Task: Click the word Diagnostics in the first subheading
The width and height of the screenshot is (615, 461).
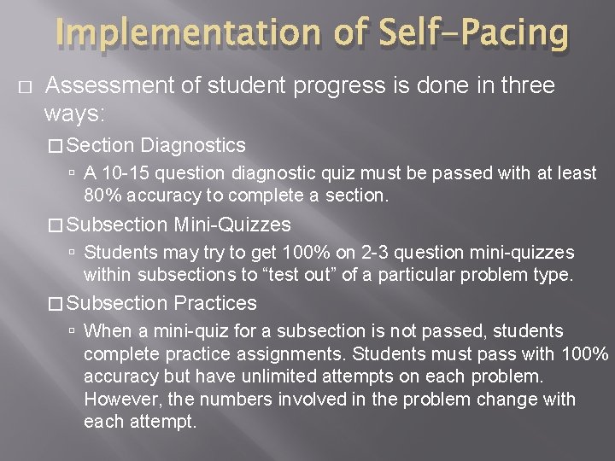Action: (x=193, y=146)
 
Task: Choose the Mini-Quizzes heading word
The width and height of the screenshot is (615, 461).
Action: (x=232, y=225)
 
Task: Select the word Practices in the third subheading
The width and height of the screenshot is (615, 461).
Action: (x=215, y=303)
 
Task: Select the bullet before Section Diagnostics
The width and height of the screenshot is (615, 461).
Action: (x=56, y=147)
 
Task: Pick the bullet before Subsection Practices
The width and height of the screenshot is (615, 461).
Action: (x=56, y=304)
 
